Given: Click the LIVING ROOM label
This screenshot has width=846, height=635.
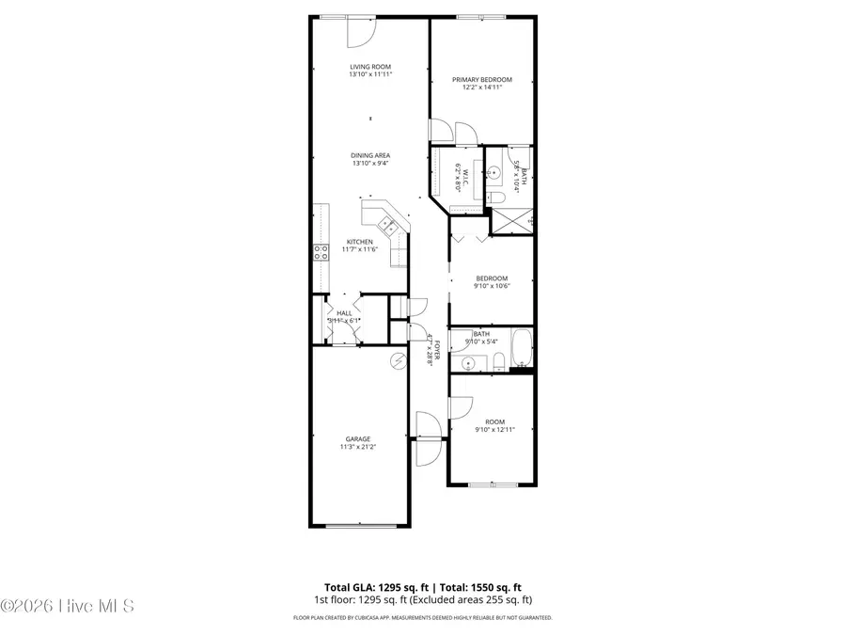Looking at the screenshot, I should pos(369,67).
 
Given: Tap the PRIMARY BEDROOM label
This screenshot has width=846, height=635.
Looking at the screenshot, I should pos(481,80).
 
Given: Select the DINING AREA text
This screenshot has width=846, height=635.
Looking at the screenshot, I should pos(370,155).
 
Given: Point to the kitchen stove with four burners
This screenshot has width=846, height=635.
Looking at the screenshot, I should pos(321,251).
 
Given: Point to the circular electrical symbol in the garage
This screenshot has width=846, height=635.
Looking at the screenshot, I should pos(397,359).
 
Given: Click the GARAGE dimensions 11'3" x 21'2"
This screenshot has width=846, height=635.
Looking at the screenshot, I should pos(357,448).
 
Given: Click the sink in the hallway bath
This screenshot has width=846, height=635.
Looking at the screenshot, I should pos(468,361).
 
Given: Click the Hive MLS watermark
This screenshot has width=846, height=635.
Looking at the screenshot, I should pos(68,606).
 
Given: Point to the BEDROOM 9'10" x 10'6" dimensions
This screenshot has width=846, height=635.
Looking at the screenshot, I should pos(492,287).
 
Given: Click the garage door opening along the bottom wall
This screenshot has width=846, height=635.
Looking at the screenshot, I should pos(360,526).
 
